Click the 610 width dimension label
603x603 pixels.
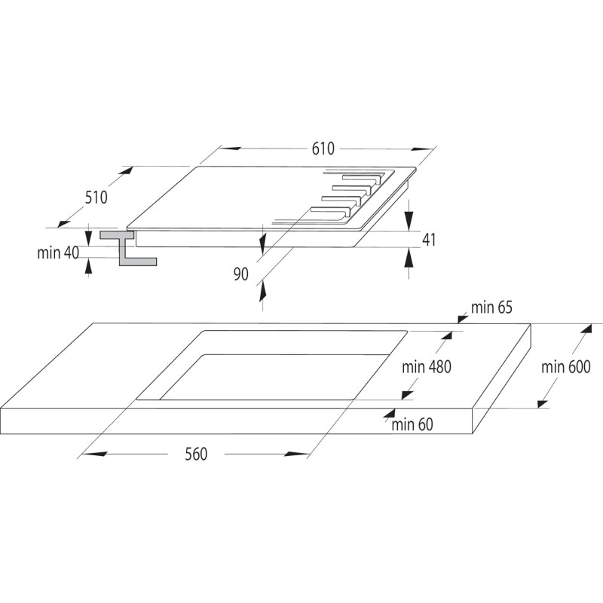click(x=323, y=148)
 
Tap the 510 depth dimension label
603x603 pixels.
click(x=96, y=197)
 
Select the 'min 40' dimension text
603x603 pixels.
click(x=58, y=253)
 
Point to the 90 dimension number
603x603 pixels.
click(x=240, y=274)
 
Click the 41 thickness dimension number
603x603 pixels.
click(x=429, y=240)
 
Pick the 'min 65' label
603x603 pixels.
click(x=491, y=308)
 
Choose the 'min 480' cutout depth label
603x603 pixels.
click(x=426, y=367)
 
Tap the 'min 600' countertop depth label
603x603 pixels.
click(x=566, y=367)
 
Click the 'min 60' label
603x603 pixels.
click(x=412, y=424)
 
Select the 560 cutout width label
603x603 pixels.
click(x=196, y=454)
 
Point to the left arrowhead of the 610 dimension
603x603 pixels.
click(x=231, y=148)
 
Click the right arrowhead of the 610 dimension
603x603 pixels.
click(x=422, y=148)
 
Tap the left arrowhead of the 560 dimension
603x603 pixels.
click(x=94, y=454)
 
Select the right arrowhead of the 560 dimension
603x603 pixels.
click(x=296, y=455)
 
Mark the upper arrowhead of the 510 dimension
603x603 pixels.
click(x=127, y=170)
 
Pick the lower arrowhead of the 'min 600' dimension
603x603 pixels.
click(x=543, y=404)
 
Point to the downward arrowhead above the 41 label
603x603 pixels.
click(x=409, y=221)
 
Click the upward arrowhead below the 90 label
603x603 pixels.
click(x=262, y=291)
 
